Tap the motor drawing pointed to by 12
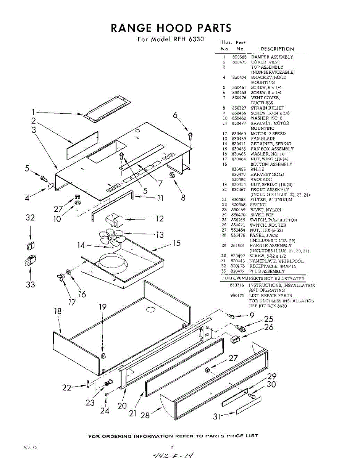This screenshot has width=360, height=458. tap(113, 220)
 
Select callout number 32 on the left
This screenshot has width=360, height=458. tap(30, 218)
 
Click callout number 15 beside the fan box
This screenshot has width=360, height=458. tap(176, 243)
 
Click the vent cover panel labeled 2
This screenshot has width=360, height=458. tap(82, 145)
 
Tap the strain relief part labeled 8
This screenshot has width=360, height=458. tap(172, 176)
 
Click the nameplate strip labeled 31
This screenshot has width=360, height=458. tap(249, 406)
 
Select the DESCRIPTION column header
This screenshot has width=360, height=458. tap(277, 49)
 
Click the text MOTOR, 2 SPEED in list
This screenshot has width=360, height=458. tap(268, 134)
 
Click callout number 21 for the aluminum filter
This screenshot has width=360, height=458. tap(132, 414)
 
